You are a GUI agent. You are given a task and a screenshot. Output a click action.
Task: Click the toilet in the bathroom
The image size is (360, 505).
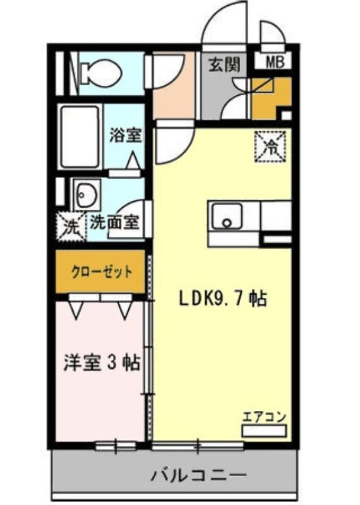click(x=100, y=72)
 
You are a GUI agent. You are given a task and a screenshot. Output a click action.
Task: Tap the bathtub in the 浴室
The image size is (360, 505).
click(x=80, y=136)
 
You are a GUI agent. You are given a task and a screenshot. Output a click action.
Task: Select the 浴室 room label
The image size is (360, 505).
click(x=126, y=135)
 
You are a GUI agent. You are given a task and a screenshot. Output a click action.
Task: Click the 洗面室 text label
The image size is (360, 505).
click(x=114, y=222)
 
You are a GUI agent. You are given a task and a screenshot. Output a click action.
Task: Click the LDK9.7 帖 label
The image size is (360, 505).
click(x=223, y=299)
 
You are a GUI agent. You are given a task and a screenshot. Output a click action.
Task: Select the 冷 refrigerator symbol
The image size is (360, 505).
click(x=270, y=146)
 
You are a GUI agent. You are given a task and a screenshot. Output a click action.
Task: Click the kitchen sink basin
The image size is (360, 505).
click(x=227, y=217)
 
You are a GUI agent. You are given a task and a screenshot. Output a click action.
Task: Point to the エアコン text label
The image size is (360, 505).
click(x=264, y=417)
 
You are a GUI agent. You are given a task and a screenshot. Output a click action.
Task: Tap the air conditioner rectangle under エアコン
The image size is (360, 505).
click(x=264, y=431)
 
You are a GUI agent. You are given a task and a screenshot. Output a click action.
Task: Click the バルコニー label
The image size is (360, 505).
click(x=199, y=475)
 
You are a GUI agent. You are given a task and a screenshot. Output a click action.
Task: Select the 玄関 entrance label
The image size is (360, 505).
click(x=225, y=64)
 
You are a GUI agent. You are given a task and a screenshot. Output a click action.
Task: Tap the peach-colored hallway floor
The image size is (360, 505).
click(x=174, y=86)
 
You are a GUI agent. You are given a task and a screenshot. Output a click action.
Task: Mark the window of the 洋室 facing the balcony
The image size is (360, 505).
click(x=116, y=446)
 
